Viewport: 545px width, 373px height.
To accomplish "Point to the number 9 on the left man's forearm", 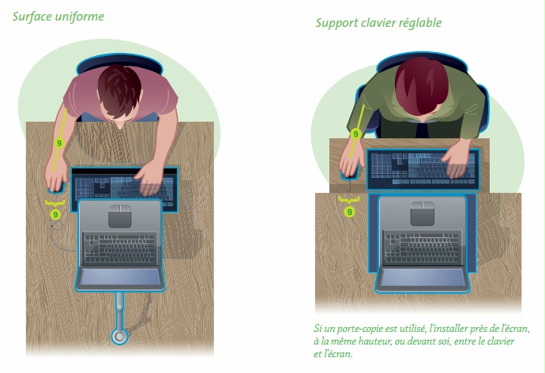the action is click(x=59, y=143).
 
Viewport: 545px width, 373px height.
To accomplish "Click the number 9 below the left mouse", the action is click(x=55, y=214).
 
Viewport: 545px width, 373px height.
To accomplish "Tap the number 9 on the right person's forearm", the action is click(x=355, y=134).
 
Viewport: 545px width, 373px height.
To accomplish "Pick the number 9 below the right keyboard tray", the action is click(x=350, y=212).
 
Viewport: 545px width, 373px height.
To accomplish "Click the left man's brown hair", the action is click(x=119, y=89).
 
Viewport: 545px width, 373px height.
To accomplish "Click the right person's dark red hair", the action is click(x=421, y=85).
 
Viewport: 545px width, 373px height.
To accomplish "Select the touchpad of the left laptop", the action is click(x=120, y=216).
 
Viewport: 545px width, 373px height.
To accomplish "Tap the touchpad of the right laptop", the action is click(x=423, y=213).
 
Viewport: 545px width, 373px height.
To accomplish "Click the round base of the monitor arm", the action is click(x=119, y=337).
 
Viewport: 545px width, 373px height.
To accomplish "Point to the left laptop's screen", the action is click(x=120, y=277).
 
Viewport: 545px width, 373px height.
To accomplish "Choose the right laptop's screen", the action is click(x=423, y=278).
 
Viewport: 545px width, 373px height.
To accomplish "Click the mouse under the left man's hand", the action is click(x=56, y=188).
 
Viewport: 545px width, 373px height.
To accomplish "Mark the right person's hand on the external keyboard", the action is click(x=457, y=160).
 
